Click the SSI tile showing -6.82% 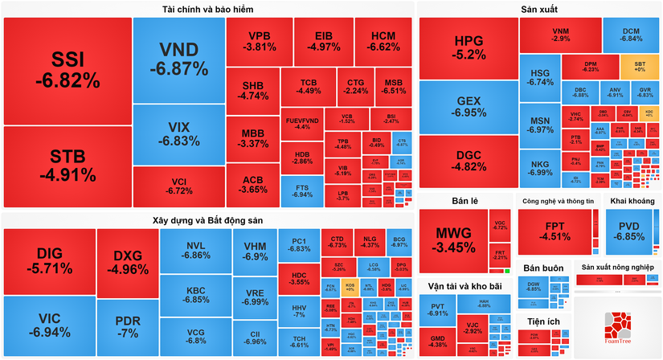[67, 70]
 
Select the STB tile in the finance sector [67, 165]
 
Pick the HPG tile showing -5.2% [469, 47]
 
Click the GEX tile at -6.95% [469, 107]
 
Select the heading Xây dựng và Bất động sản [208, 219]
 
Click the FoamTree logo [618, 329]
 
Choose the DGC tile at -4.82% [469, 160]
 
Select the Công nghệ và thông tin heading [557, 200]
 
